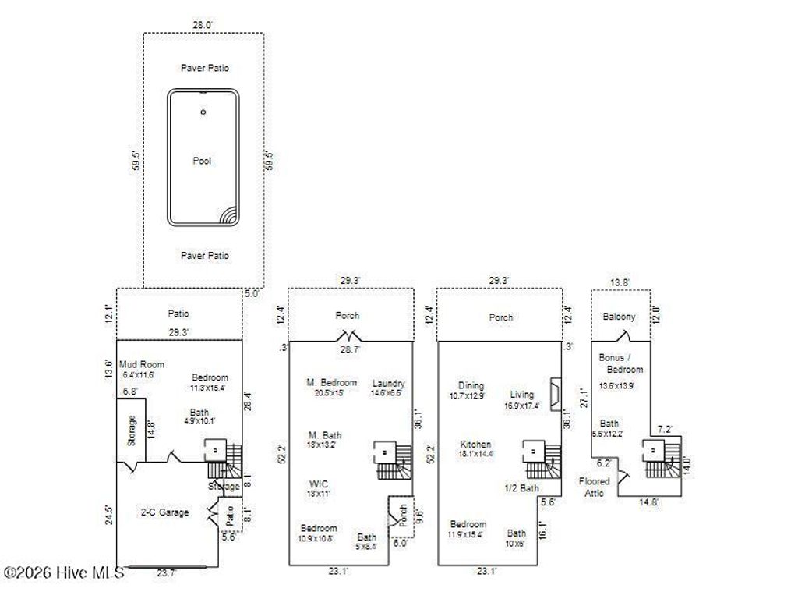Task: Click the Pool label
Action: pyautogui.click(x=203, y=161)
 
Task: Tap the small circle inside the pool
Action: pyautogui.click(x=203, y=112)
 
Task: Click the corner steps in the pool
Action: pyautogui.click(x=228, y=215)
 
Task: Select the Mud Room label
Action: pyautogui.click(x=142, y=364)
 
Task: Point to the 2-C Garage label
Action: pyautogui.click(x=164, y=512)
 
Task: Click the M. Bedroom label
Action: pyautogui.click(x=331, y=382)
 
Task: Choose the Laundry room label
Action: pyautogui.click(x=388, y=383)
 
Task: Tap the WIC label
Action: pyautogui.click(x=319, y=484)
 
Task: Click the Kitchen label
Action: pyautogui.click(x=475, y=444)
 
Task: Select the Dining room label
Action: pyautogui.click(x=471, y=385)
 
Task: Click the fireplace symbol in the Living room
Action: pyautogui.click(x=554, y=394)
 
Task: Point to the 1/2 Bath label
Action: pyautogui.click(x=521, y=488)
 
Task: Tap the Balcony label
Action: pyautogui.click(x=620, y=317)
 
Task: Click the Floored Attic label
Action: pyautogui.click(x=595, y=487)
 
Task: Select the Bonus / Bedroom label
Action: pyautogui.click(x=621, y=363)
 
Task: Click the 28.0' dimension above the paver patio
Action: pyautogui.click(x=203, y=25)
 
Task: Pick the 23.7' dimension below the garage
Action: pyautogui.click(x=165, y=572)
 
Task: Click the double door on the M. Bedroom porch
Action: pyautogui.click(x=346, y=337)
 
